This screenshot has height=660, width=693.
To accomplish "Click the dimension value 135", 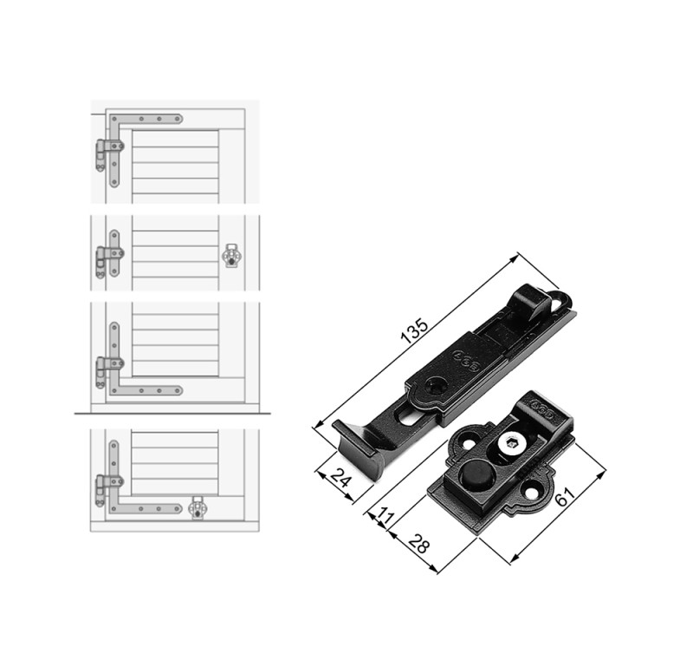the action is [414, 331].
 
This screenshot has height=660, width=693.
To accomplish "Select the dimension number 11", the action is [385, 516].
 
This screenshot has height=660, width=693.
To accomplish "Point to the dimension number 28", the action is [418, 543].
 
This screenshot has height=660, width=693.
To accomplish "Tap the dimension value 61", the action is [565, 496].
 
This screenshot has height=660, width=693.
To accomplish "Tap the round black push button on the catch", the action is [475, 474].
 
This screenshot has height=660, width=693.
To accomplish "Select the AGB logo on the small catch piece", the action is [542, 409].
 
